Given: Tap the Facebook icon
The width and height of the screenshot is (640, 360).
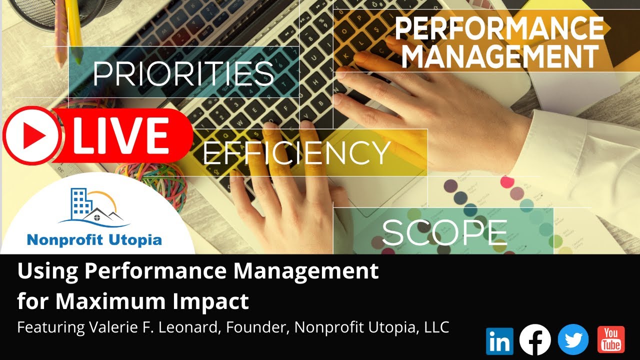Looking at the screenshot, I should click(535, 340).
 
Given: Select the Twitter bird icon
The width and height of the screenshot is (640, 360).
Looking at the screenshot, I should click(573, 340).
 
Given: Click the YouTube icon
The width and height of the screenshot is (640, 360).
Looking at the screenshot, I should click(611, 340).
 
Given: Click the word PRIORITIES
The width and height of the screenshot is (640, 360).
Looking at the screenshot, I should click(183, 74).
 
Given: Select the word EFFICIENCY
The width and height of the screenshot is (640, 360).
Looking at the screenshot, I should click(296, 152).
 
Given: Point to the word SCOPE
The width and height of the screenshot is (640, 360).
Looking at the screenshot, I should click(444, 232).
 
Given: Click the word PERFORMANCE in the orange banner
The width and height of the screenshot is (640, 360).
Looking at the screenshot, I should click(499, 29).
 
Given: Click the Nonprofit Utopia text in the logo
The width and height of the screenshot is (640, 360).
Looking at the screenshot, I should click(94, 240).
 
